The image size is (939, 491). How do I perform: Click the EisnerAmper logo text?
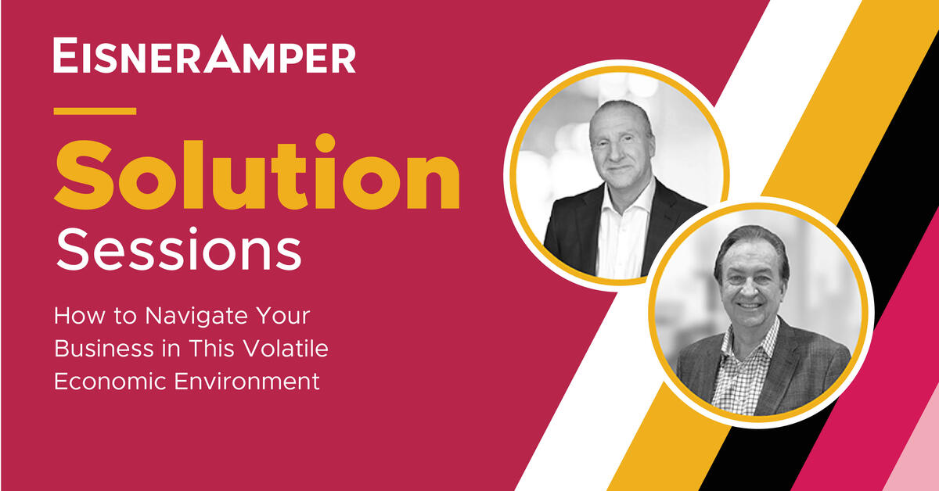204,56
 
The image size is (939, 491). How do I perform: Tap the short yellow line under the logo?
95,111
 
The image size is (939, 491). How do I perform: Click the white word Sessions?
178,252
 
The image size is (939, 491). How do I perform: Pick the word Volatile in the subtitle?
282,349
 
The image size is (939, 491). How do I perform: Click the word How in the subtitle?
72,318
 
